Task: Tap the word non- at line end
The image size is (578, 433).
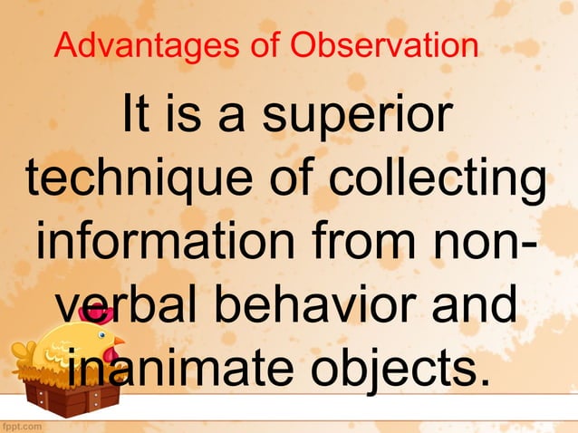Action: click(x=484, y=243)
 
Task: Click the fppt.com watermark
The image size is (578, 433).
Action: click(x=24, y=424)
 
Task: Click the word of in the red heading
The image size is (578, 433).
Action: click(x=269, y=44)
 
